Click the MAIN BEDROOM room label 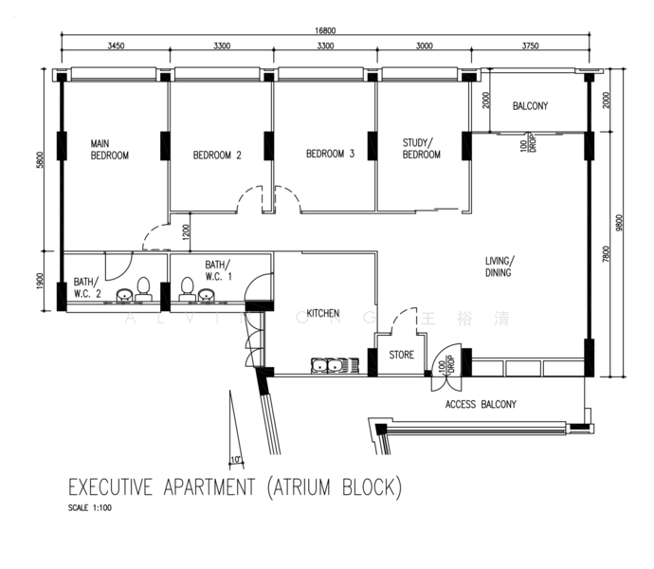pos(109,149)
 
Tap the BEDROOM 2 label pos(217,156)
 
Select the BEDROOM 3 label pos(330,154)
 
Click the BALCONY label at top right pos(530,106)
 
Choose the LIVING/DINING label pos(499,266)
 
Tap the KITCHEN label pos(322,312)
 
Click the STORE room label pos(402,356)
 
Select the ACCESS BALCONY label pos(481,404)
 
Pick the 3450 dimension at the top pos(116,46)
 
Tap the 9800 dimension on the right pos(619,222)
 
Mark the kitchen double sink pos(327,365)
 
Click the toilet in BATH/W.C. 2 pos(143,287)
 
